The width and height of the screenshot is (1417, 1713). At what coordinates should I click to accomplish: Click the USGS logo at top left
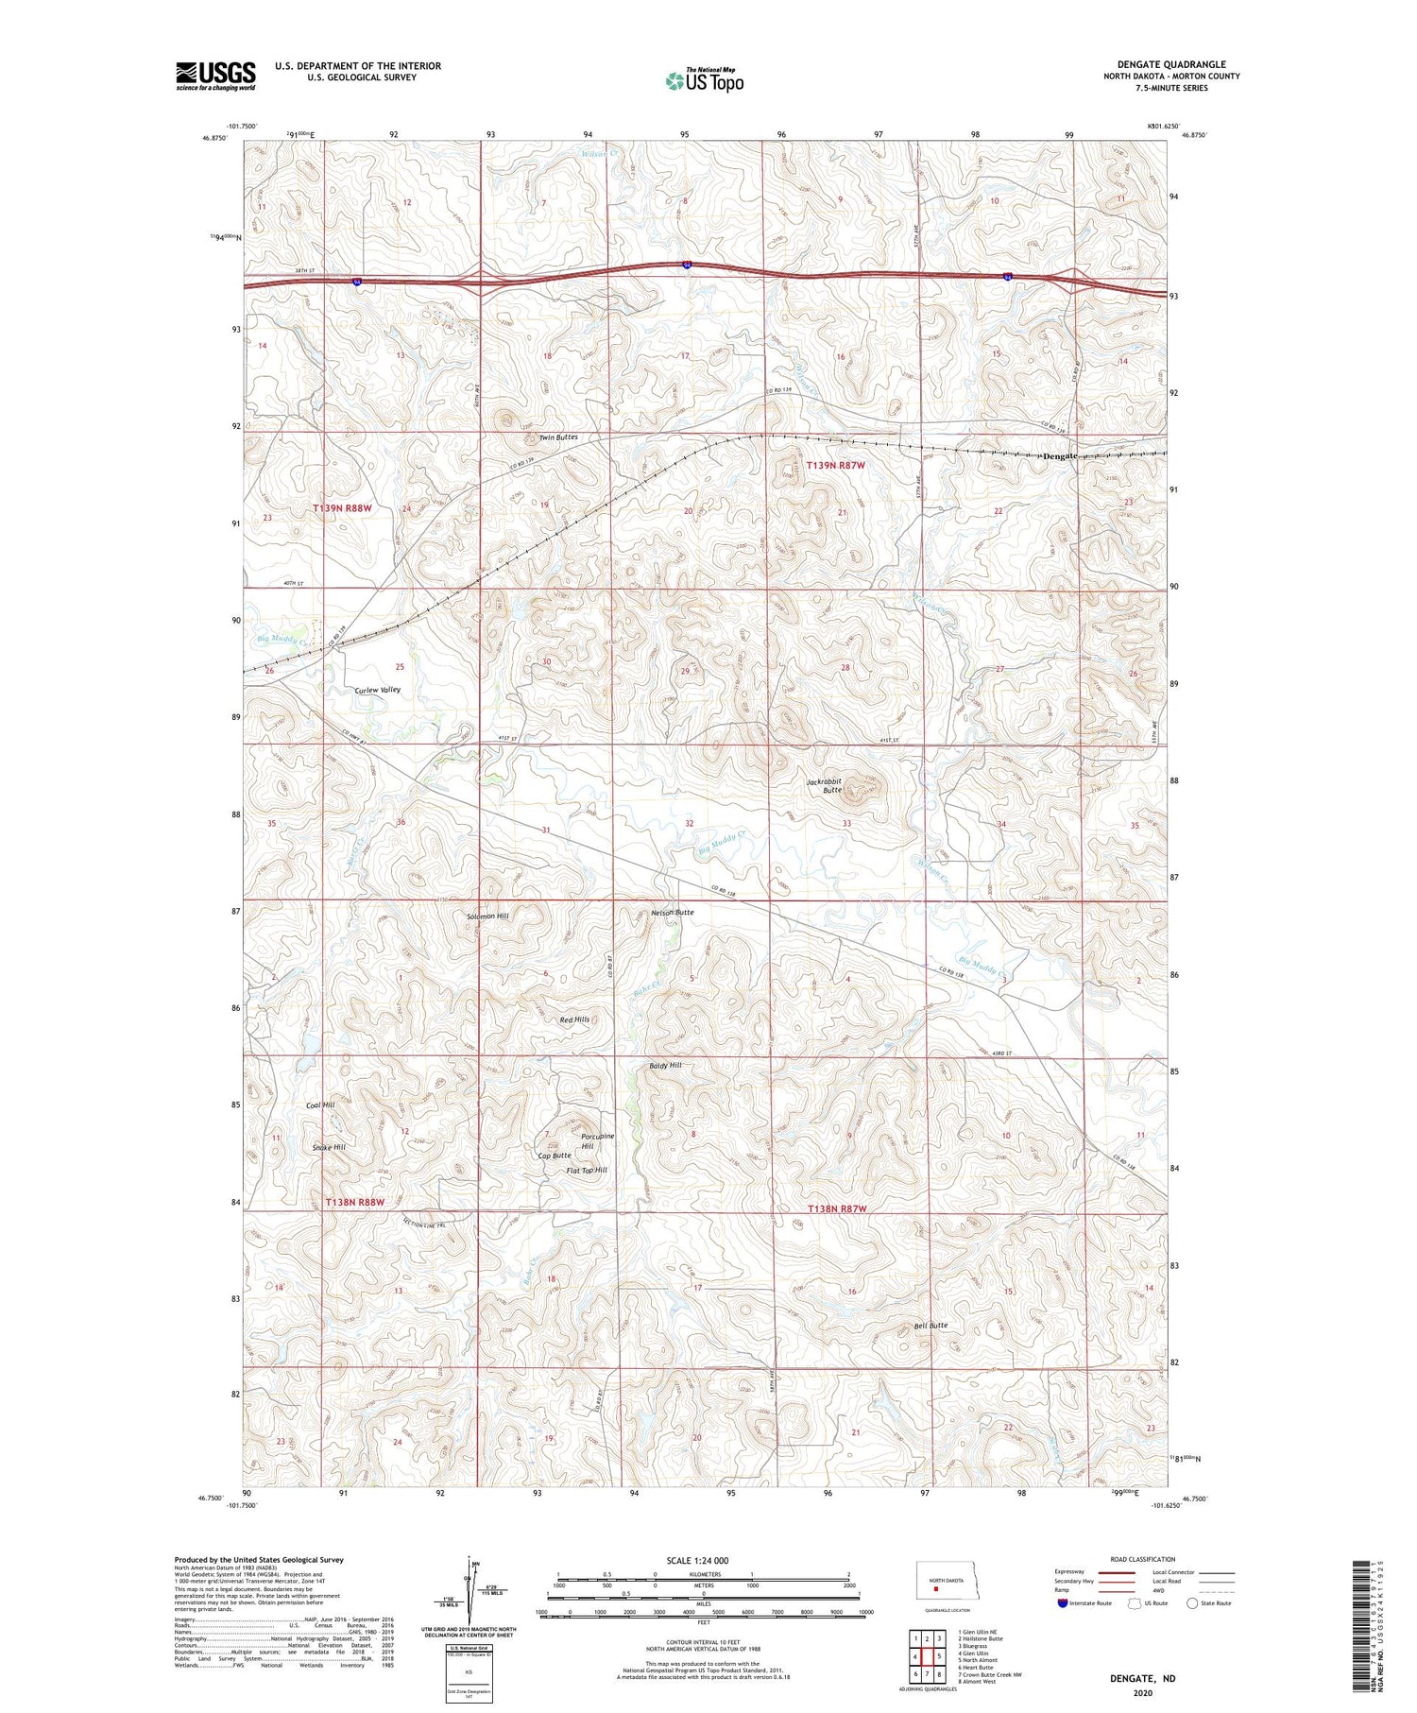pyautogui.click(x=215, y=76)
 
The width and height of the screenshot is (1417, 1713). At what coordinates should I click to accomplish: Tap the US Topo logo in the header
pyautogui.click(x=705, y=81)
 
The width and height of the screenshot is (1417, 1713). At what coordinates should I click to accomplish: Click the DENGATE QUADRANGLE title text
pyautogui.click(x=1171, y=64)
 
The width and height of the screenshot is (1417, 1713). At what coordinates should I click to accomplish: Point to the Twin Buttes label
pyautogui.click(x=558, y=437)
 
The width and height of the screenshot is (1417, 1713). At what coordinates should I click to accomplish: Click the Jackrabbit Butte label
pyautogui.click(x=824, y=785)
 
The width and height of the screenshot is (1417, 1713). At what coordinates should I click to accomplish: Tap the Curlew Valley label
pyautogui.click(x=378, y=690)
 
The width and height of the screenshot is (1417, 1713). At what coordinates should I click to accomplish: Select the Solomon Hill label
pyautogui.click(x=487, y=916)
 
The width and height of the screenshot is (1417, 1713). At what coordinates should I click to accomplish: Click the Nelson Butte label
pyautogui.click(x=673, y=913)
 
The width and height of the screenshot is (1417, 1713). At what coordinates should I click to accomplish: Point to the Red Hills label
pyautogui.click(x=574, y=1019)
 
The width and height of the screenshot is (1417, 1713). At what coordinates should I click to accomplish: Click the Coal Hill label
pyautogui.click(x=320, y=1105)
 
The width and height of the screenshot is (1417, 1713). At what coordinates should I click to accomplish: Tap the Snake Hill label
pyautogui.click(x=329, y=1147)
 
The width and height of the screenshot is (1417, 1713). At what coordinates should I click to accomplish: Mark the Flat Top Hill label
pyautogui.click(x=587, y=1171)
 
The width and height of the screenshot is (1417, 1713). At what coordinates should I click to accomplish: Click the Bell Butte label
pyautogui.click(x=930, y=1326)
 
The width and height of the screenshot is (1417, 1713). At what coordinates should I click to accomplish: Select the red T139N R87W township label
pyautogui.click(x=835, y=465)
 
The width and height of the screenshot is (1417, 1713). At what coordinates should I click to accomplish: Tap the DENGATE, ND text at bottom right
pyautogui.click(x=1143, y=1678)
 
